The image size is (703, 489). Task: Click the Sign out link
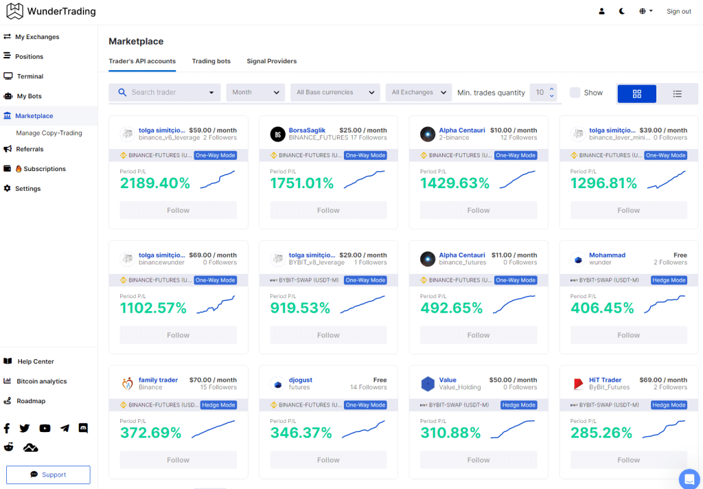point(678,12)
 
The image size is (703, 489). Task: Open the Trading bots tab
point(211,61)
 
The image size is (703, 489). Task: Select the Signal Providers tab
point(271,61)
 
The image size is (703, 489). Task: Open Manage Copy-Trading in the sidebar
point(49,133)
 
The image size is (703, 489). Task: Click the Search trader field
point(165,93)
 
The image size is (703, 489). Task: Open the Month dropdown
point(255,93)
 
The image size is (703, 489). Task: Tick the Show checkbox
point(575,93)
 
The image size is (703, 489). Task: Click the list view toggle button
point(677,94)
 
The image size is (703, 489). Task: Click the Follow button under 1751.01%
point(328,210)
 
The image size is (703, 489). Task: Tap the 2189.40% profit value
point(155,183)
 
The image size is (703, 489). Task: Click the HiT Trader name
point(605,380)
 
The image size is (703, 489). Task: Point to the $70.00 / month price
point(213,380)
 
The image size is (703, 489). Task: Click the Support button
point(48,475)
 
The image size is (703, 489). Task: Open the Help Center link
point(36,361)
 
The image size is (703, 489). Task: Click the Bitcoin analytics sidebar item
point(42,381)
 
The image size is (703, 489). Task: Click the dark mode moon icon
point(622,12)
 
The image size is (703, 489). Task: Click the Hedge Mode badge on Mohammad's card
point(669,280)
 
